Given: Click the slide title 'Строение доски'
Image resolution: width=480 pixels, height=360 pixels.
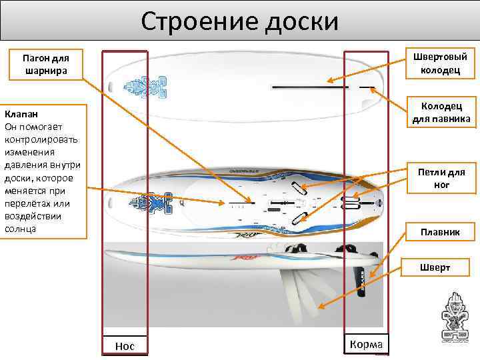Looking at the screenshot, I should [240, 21].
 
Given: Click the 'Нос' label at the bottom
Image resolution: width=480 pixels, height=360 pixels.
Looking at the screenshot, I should [125, 345].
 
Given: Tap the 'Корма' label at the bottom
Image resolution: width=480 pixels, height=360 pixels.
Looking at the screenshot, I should [366, 344].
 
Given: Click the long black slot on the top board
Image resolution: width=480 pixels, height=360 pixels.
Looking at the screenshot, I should [309, 87].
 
